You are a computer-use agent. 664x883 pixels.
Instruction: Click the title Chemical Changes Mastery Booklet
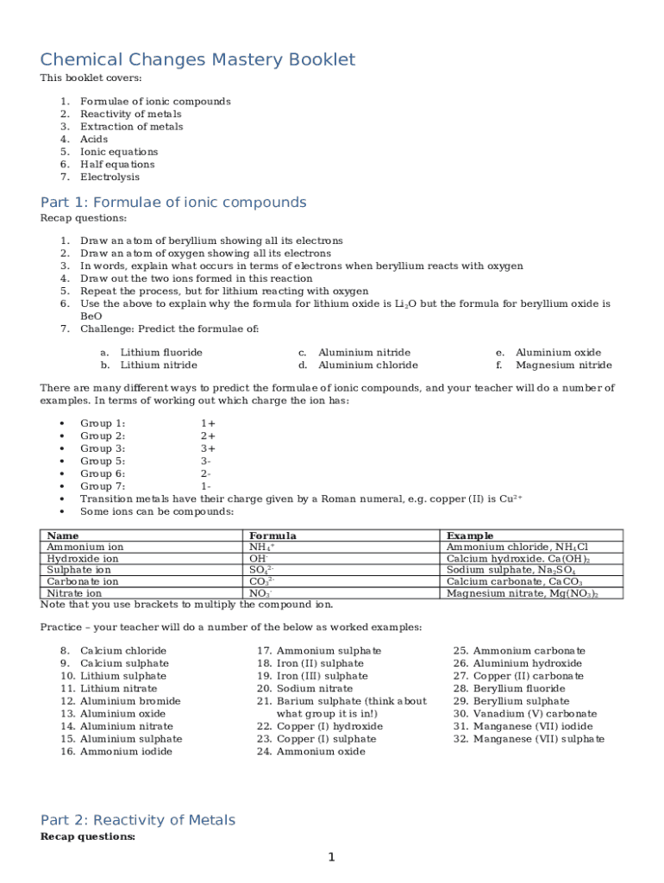click(197, 59)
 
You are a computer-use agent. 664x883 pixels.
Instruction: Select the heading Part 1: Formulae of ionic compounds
click(173, 203)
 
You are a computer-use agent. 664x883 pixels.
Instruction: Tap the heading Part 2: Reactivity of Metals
click(138, 820)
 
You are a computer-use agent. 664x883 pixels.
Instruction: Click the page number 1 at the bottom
click(330, 856)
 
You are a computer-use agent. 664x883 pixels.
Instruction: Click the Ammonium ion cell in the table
click(85, 547)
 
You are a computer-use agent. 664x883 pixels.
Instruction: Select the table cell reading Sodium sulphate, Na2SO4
click(511, 570)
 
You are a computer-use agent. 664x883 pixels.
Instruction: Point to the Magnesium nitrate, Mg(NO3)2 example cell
click(522, 593)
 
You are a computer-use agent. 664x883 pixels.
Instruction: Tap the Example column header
click(470, 535)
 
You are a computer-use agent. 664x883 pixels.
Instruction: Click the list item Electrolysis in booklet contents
click(110, 177)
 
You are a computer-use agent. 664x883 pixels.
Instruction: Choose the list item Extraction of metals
click(131, 127)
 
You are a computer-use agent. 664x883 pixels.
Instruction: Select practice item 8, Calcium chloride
click(123, 650)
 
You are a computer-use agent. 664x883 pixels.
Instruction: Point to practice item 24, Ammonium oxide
click(320, 751)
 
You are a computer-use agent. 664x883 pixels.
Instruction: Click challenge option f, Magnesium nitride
click(563, 365)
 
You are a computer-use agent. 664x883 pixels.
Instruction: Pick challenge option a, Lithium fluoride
click(161, 353)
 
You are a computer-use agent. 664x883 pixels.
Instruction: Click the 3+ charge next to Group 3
click(208, 448)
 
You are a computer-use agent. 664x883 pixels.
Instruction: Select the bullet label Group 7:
click(103, 486)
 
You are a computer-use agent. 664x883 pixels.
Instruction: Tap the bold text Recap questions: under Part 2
click(88, 836)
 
